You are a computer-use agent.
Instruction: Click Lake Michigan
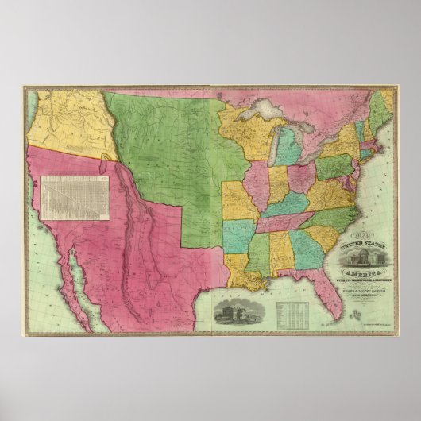267,147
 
